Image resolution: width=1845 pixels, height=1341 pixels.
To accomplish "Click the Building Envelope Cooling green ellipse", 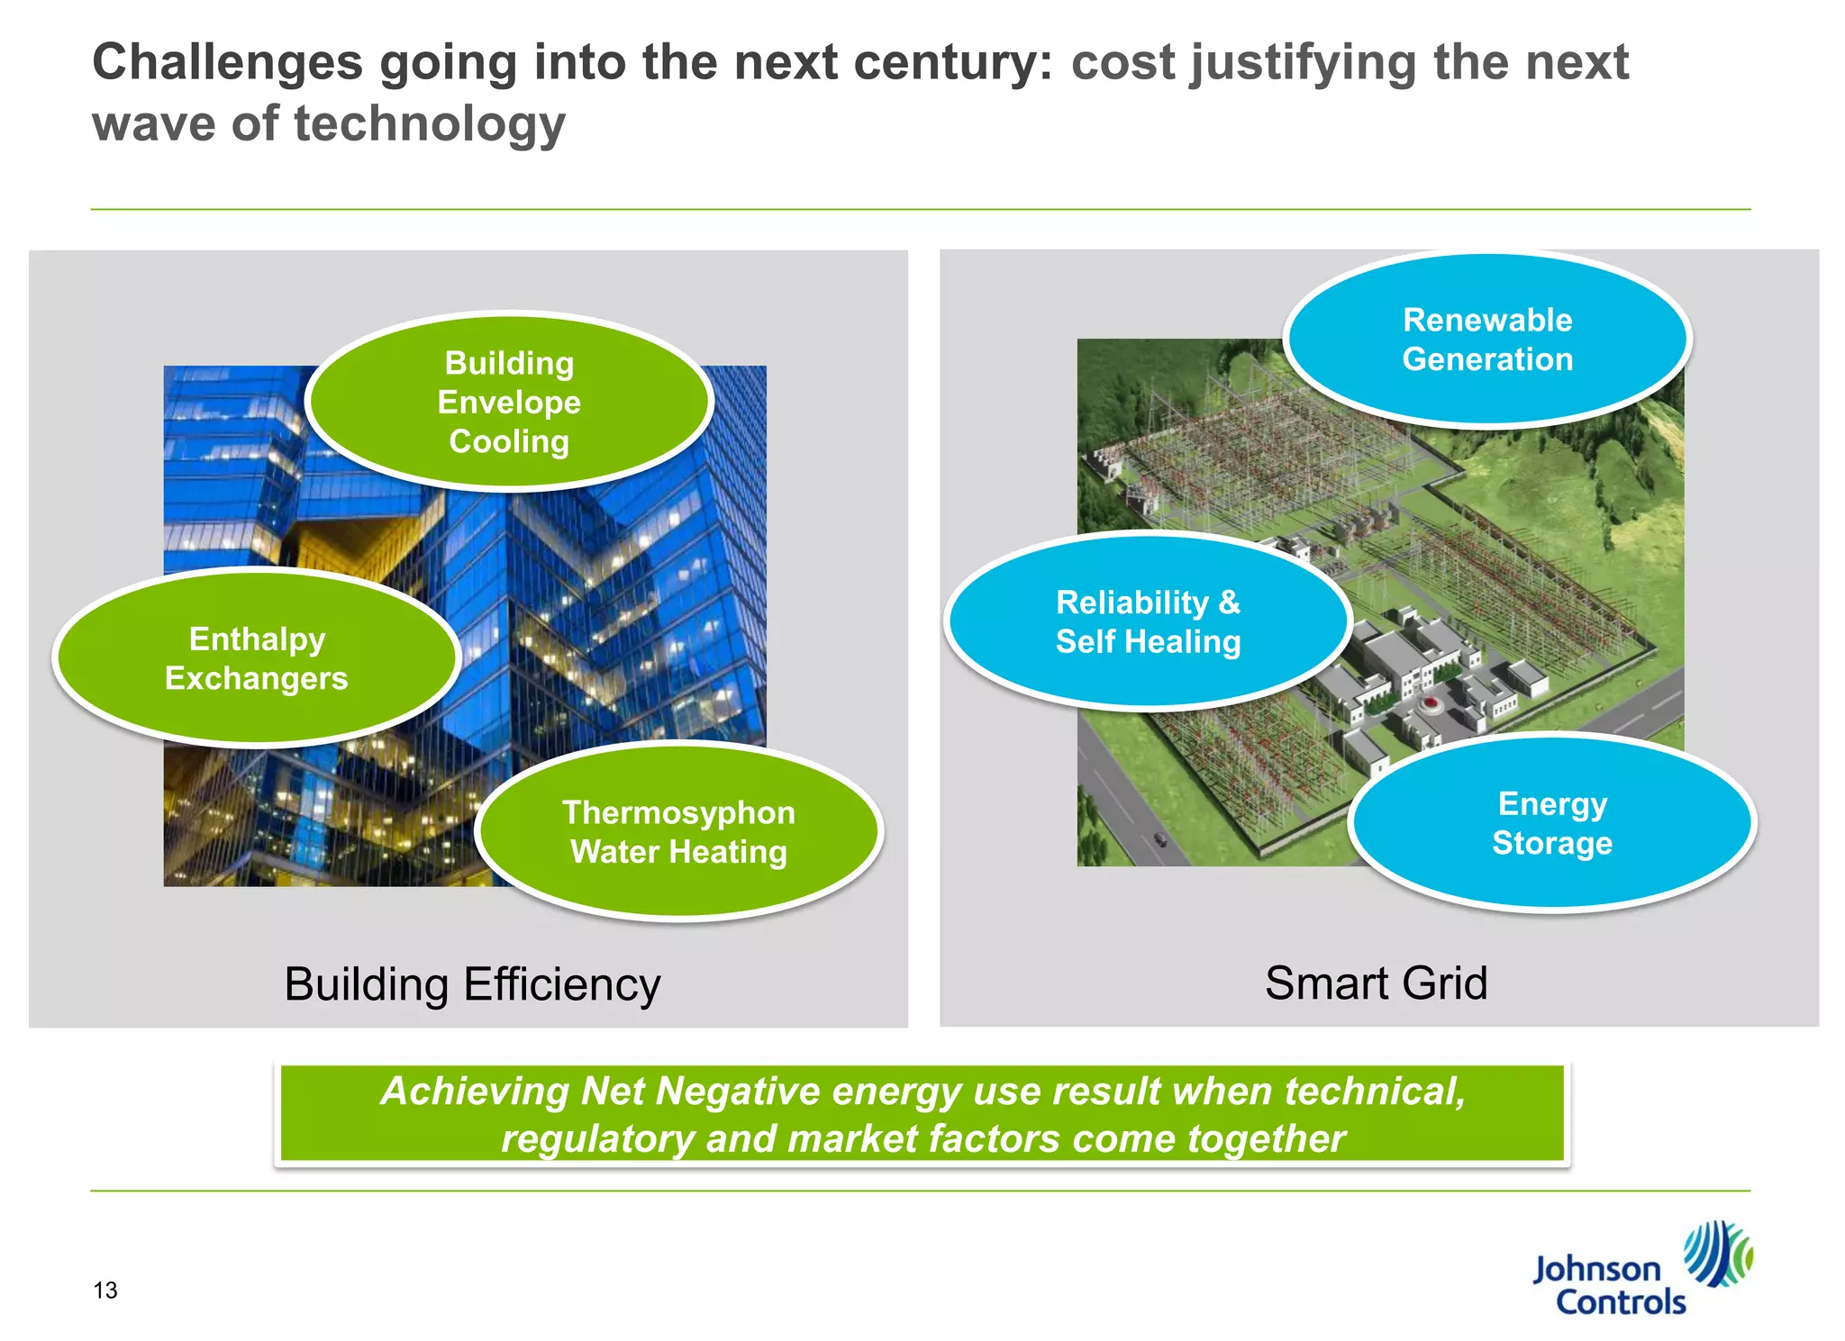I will [x=509, y=402].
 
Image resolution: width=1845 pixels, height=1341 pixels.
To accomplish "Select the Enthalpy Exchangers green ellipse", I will [x=257, y=658].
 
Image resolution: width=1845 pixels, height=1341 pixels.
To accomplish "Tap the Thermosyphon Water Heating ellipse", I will [x=678, y=831].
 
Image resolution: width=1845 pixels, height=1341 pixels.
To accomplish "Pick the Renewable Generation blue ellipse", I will [x=1487, y=340].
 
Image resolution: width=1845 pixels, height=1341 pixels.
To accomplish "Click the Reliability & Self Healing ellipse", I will [x=1148, y=621].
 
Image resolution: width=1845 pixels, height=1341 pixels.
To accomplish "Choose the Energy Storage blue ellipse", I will [x=1551, y=823].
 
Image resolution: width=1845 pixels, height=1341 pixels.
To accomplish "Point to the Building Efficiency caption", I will [x=472, y=983].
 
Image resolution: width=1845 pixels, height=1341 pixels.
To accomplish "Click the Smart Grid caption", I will [x=1376, y=983].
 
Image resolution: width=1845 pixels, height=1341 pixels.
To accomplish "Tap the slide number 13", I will [x=105, y=1291].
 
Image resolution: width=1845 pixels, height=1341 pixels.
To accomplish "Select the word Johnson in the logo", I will [x=1596, y=1269].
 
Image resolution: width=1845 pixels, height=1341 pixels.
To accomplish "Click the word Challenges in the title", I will [x=228, y=63].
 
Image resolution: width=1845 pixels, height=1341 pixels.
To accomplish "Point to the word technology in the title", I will [x=430, y=123].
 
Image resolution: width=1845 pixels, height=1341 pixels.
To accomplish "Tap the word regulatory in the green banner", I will [x=597, y=1138].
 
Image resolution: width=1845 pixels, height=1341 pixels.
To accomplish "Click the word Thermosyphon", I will [x=678, y=812].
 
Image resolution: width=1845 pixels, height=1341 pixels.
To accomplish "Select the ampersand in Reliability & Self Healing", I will [x=1229, y=602].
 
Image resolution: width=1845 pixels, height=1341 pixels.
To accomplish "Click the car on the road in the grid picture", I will [x=1160, y=839].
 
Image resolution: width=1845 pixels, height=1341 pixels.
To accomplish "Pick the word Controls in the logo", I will [x=1620, y=1302].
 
